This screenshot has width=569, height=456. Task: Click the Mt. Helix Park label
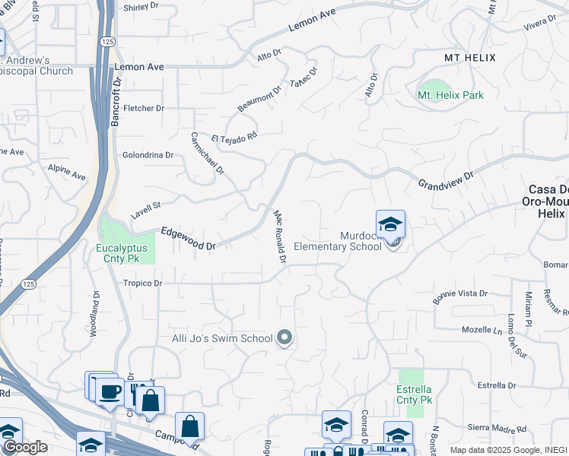(x=450, y=95)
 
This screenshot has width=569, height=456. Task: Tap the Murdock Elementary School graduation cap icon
(x=390, y=224)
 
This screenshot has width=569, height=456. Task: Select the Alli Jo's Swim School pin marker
(x=284, y=337)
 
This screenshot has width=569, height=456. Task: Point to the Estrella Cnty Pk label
(x=415, y=394)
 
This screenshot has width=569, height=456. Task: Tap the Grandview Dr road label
(x=446, y=180)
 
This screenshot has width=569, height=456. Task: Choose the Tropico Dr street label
(x=143, y=283)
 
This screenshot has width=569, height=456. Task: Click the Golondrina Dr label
(x=148, y=154)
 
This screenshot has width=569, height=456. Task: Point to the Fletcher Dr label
(x=144, y=108)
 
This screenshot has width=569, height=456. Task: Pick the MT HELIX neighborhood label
(x=469, y=58)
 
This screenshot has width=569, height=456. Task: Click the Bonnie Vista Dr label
(x=460, y=294)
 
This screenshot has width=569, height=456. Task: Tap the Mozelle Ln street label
(x=483, y=330)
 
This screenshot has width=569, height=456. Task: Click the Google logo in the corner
(x=24, y=447)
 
